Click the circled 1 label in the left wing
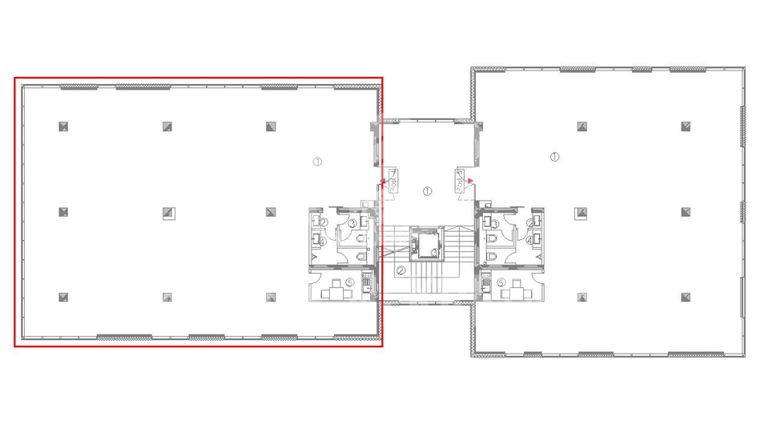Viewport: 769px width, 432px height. click(x=317, y=162)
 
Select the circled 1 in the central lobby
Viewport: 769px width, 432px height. click(x=428, y=191)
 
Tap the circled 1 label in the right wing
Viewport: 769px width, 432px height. click(x=554, y=156)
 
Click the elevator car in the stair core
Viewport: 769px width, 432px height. click(x=426, y=245)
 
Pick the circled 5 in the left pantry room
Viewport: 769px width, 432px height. click(x=350, y=282)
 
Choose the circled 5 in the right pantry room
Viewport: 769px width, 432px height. click(x=501, y=282)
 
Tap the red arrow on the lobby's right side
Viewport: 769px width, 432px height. click(x=471, y=181)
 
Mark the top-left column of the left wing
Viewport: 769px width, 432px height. click(x=63, y=126)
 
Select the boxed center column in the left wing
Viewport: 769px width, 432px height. click(x=168, y=212)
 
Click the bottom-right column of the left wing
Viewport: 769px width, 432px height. click(x=272, y=297)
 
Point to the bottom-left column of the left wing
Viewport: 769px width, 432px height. click(x=63, y=297)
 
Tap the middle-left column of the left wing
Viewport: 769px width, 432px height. click(x=63, y=212)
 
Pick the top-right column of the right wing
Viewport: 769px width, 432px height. click(x=686, y=126)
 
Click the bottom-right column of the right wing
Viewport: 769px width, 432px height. click(x=686, y=297)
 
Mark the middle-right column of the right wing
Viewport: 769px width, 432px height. click(x=686, y=212)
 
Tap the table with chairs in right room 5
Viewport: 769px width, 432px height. click(x=515, y=294)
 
